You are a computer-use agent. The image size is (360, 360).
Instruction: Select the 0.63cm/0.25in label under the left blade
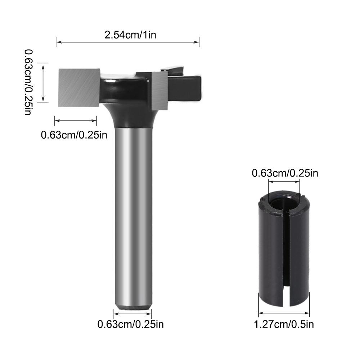pos(74,135)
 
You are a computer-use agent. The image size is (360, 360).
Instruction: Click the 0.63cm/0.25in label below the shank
pos(131,324)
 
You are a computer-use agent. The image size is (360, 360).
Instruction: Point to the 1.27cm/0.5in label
pos(284,324)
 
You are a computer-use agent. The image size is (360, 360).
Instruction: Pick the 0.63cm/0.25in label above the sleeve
pos(285,174)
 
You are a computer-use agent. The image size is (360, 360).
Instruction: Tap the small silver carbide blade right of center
pos(159,90)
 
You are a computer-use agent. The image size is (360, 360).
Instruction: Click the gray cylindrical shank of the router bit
pos(133,216)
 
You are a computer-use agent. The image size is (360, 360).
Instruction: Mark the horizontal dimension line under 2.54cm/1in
pos(128,42)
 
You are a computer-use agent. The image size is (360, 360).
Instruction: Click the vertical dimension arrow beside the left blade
pos(43,82)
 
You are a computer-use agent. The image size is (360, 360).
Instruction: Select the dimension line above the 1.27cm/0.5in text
pos(284,312)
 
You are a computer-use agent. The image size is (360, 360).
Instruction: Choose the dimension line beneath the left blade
pos(76,121)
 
